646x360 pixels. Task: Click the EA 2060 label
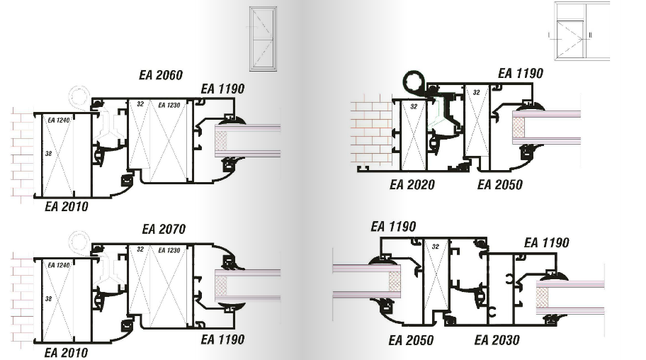click(x=161, y=75)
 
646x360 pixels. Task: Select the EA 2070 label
click(x=164, y=229)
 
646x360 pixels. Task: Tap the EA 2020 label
click(x=412, y=184)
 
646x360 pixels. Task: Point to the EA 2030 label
click(x=497, y=339)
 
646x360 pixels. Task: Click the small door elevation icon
click(x=263, y=39)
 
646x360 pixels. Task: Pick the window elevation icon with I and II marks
click(x=582, y=31)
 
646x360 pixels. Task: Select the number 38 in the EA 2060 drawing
click(x=49, y=153)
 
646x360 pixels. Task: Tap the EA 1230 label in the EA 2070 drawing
click(x=169, y=250)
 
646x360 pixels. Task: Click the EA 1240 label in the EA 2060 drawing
click(x=59, y=120)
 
